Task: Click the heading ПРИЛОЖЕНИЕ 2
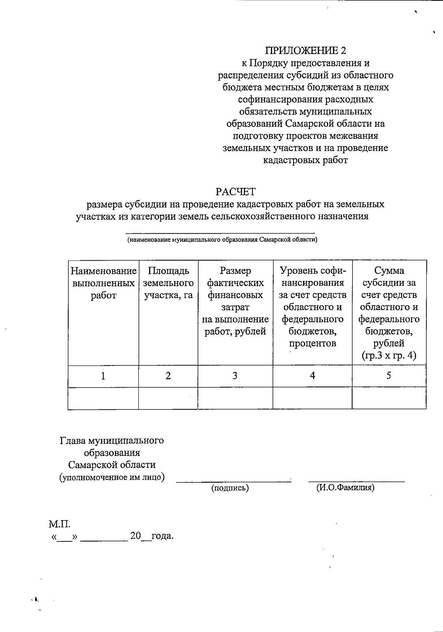click(x=306, y=51)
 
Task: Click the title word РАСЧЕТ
click(x=236, y=192)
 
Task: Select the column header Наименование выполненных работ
click(x=103, y=283)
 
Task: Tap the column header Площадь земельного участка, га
click(x=168, y=283)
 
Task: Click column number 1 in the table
click(x=103, y=376)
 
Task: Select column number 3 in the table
click(x=235, y=376)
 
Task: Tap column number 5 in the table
click(x=389, y=376)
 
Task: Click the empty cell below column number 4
click(x=312, y=398)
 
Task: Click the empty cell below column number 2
click(x=168, y=398)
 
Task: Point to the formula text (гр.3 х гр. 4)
click(x=389, y=355)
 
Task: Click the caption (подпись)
click(x=230, y=488)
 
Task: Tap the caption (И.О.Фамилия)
click(x=346, y=488)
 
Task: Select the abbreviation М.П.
click(x=59, y=524)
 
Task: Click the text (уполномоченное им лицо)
click(x=112, y=477)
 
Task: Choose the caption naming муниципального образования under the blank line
click(x=223, y=240)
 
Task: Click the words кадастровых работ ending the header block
click(x=305, y=160)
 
